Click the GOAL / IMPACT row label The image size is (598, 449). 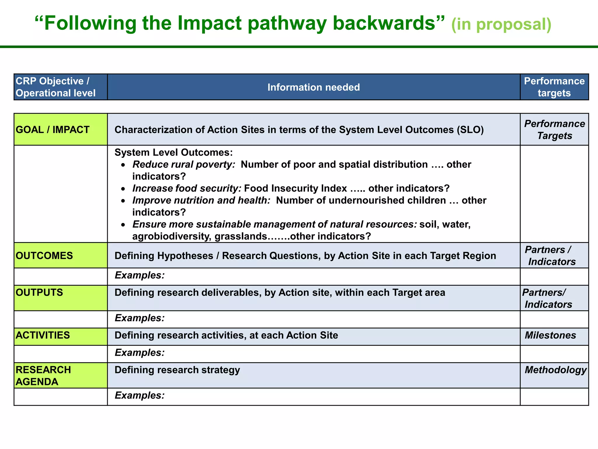[x=53, y=129]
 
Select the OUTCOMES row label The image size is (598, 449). [x=44, y=255]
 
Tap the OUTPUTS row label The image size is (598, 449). [x=39, y=292]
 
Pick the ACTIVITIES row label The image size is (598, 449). [x=43, y=335]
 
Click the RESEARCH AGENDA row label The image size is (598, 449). [x=43, y=376]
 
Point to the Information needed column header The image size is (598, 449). [x=314, y=87]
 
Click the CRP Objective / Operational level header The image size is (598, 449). [x=55, y=87]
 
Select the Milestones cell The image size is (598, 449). [x=550, y=335]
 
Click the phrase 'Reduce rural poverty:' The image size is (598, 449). [x=184, y=164]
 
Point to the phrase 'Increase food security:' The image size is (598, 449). [x=187, y=188]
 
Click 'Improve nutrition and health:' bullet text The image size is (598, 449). [x=201, y=200]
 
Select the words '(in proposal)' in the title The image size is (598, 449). [x=501, y=24]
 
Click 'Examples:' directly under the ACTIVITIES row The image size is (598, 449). [x=140, y=353]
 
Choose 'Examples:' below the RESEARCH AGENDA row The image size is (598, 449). [x=140, y=395]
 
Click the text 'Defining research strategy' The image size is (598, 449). [x=177, y=370]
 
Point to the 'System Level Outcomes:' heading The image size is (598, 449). [x=173, y=152]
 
